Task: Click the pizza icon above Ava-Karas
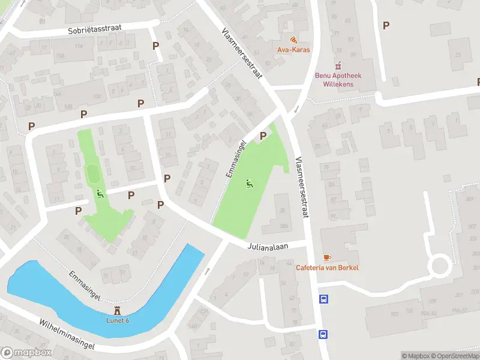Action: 293,40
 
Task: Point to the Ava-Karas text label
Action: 293,50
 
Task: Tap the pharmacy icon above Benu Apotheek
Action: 338,65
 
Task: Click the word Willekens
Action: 339,85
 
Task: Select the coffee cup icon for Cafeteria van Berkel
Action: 327,257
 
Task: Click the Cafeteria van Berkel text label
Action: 327,268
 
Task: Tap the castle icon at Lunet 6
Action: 118,311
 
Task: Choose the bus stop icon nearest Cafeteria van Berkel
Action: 324,299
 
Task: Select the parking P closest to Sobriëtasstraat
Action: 156,46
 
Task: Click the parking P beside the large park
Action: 263,136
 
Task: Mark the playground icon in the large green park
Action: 250,184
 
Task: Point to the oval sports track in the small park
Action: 94,175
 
